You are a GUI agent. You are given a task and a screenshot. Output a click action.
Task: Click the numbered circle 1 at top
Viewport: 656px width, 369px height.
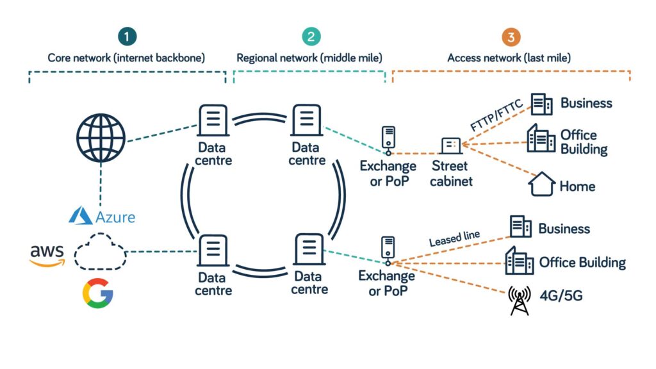[x=127, y=37]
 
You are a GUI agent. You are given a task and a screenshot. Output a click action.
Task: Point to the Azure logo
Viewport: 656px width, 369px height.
[x=102, y=217]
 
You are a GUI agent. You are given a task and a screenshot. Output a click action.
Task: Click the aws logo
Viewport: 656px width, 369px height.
[x=47, y=254]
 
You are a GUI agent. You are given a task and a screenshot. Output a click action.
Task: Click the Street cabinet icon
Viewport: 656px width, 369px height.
[x=450, y=145]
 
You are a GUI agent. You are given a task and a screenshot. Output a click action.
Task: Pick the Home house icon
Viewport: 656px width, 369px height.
[x=541, y=184]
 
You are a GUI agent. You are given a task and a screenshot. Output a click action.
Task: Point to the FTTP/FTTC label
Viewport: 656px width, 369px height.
[x=497, y=116]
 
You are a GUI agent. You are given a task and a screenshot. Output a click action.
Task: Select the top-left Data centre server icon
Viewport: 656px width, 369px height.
[x=214, y=120]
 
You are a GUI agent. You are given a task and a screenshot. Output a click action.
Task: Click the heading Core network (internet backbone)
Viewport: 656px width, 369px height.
[x=126, y=58]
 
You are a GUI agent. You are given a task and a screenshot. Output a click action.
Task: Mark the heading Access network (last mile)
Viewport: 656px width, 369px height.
[x=509, y=58]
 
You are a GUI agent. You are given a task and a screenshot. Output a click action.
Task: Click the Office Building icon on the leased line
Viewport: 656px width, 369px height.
[x=519, y=261]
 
